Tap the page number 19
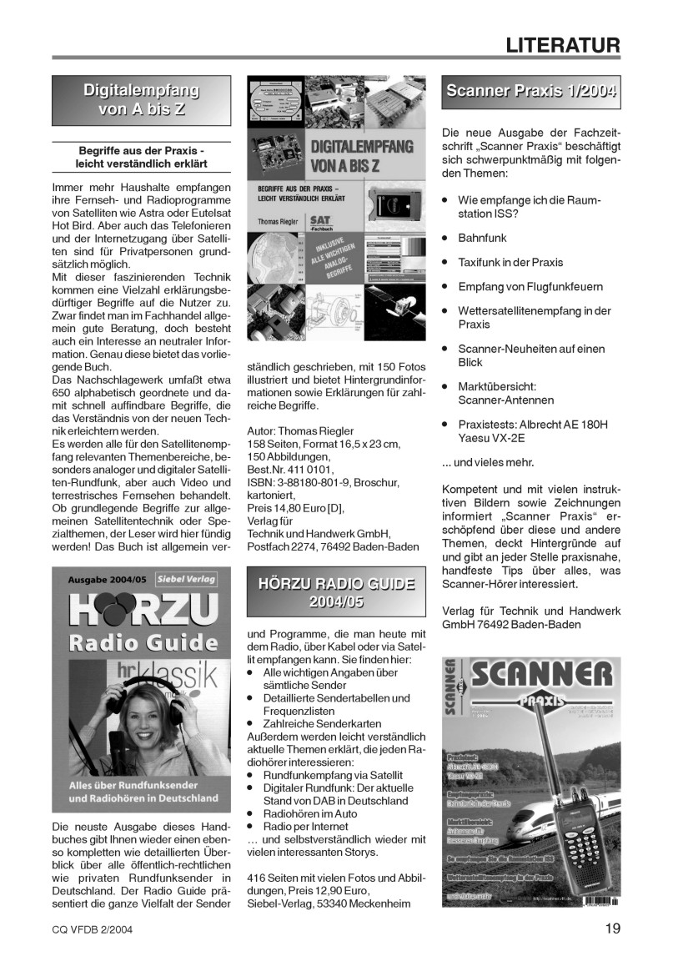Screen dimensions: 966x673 point(612,928)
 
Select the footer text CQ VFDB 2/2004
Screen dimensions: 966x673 point(91,929)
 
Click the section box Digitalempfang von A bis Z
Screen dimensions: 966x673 point(141,100)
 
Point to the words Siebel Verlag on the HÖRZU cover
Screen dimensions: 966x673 point(186,578)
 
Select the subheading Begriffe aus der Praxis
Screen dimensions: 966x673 point(141,150)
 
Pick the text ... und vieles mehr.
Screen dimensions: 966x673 point(487,461)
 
